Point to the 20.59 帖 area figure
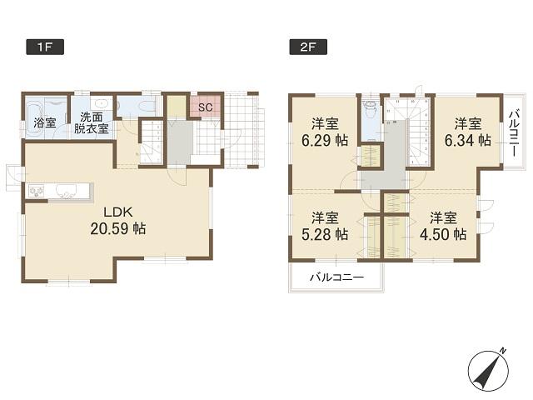click(117, 227)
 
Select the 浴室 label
click(45, 123)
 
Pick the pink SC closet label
click(206, 107)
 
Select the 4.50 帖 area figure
click(442, 234)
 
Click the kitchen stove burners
click(37, 192)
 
